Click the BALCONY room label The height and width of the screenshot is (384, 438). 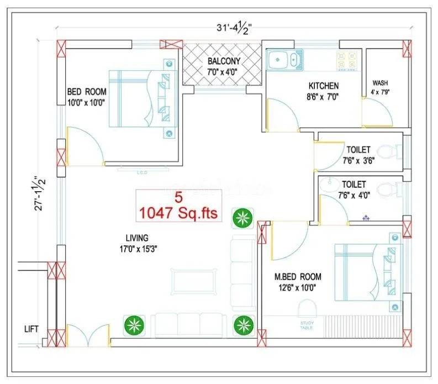[x=224, y=61]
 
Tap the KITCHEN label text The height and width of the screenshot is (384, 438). [x=323, y=86]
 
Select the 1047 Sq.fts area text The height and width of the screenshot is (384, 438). [x=180, y=213]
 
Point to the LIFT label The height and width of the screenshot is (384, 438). [x=31, y=329]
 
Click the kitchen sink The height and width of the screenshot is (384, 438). [x=284, y=59]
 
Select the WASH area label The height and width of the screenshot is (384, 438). [x=380, y=83]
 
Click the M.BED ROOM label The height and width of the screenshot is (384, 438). [x=298, y=276]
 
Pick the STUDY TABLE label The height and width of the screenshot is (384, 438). [x=306, y=325]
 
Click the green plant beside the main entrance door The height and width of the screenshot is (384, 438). [x=133, y=324]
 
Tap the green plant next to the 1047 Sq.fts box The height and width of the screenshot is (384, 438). [x=241, y=218]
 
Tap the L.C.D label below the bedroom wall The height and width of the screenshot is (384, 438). [x=141, y=172]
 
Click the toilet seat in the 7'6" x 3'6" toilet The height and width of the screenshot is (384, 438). [x=393, y=151]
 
